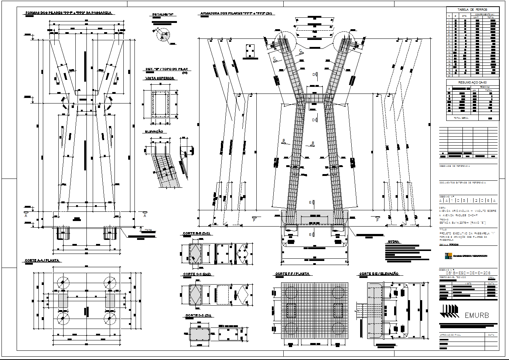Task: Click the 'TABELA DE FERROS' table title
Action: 472,10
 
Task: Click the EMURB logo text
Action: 476,315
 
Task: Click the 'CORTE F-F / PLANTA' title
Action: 292,274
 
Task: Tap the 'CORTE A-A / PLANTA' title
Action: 42,261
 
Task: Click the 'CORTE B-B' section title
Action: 196,234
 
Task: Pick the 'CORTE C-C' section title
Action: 196,275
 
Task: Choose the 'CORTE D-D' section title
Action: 198,316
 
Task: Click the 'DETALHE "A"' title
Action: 163,15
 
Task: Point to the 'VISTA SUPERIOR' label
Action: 160,78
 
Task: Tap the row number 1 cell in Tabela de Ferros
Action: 449,20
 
